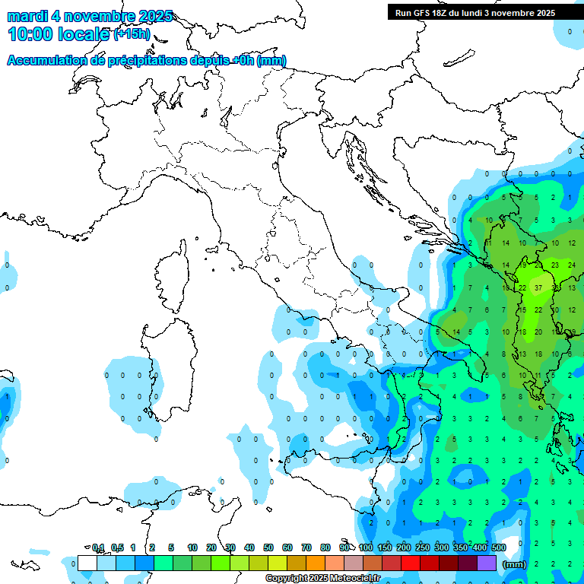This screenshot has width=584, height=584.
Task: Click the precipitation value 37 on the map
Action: pos(538,288)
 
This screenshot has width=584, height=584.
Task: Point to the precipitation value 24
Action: pos(571,265)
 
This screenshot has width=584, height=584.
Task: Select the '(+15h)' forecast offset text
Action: pos(132,34)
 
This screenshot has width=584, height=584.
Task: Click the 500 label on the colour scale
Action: pos(499,547)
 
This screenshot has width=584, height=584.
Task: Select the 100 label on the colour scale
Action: pos(366,547)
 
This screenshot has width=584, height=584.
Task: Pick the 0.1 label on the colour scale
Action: pos(98,547)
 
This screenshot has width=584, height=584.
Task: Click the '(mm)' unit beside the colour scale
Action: pos(515,564)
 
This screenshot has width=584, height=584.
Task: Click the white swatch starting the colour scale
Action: pos(87,563)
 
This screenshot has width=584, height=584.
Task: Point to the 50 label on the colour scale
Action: pos(268,547)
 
